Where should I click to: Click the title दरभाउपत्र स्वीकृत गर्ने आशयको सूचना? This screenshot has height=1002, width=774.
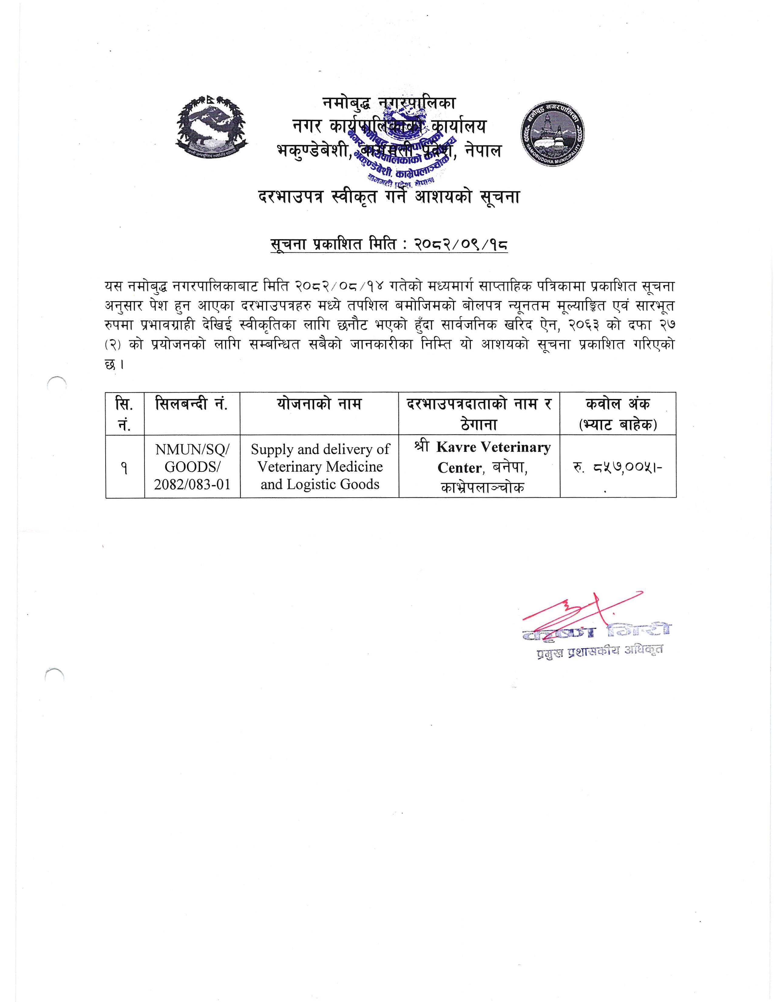pyautogui.click(x=389, y=197)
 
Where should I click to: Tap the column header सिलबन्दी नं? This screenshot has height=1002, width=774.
pyautogui.click(x=192, y=405)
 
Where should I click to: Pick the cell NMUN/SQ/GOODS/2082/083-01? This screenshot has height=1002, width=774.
pyautogui.click(x=192, y=467)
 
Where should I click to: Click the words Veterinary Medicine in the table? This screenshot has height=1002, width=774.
pyautogui.click(x=320, y=467)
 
